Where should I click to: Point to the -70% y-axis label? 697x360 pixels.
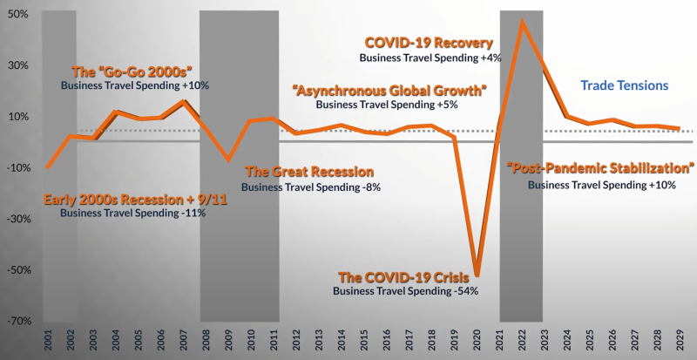[17, 321]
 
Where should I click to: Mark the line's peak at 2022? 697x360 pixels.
[522, 20]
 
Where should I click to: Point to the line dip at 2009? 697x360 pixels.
[228, 160]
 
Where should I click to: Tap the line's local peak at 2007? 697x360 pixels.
[183, 101]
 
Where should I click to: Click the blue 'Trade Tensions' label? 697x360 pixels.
[624, 85]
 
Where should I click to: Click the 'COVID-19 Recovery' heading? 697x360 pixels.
[429, 42]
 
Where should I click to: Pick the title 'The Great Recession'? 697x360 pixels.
[309, 172]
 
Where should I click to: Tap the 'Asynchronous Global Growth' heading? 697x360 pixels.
[389, 90]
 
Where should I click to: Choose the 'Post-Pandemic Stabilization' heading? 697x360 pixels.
[601, 168]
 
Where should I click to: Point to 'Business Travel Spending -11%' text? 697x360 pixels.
[133, 213]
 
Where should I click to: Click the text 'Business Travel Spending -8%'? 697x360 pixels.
[310, 187]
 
